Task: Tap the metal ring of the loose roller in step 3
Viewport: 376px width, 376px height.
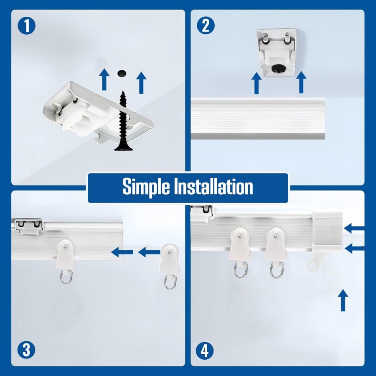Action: (170, 282)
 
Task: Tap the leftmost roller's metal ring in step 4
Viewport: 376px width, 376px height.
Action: (240, 270)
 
